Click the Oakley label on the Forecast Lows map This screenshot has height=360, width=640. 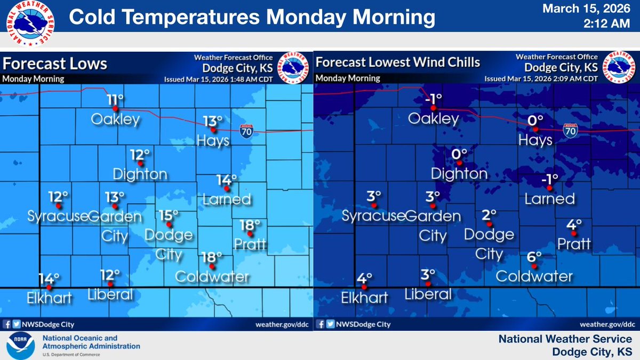(x=116, y=119)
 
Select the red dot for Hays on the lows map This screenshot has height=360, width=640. (x=213, y=130)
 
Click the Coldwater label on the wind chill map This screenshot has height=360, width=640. (x=534, y=276)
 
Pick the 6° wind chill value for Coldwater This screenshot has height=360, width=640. (x=535, y=257)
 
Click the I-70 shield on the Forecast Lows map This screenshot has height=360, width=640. (x=246, y=130)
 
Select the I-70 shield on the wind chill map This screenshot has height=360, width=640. (x=570, y=130)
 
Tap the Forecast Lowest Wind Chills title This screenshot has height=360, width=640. (x=398, y=62)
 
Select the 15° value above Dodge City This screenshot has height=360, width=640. (x=169, y=215)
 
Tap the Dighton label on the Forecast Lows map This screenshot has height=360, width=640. (x=140, y=174)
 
